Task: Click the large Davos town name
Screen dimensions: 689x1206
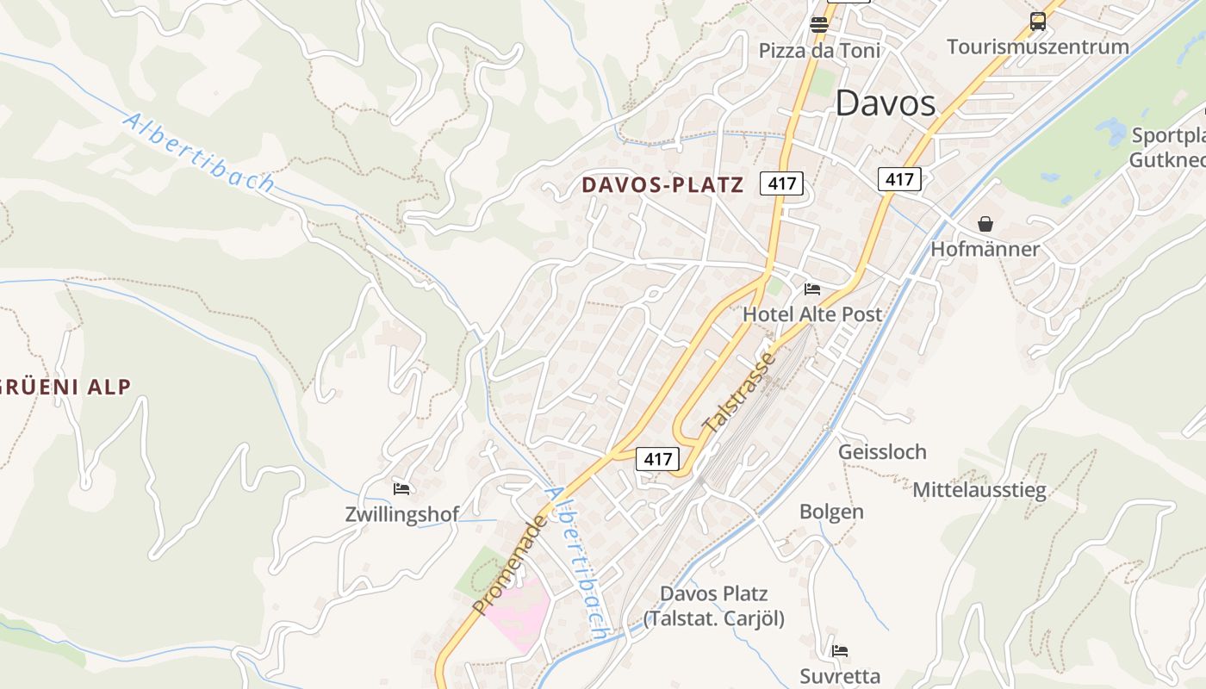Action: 885,103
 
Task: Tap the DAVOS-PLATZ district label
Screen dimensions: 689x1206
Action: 662,184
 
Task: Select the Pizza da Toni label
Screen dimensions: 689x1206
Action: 819,51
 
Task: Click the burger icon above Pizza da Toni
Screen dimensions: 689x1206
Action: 819,24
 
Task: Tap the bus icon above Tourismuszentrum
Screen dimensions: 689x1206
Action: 1038,22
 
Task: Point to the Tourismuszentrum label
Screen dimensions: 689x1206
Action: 1037,47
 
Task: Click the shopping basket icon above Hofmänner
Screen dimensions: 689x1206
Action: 985,224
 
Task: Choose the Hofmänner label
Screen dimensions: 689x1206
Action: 985,249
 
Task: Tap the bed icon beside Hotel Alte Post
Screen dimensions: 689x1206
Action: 812,289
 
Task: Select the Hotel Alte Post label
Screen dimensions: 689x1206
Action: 812,314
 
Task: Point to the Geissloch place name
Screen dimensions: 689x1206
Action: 882,451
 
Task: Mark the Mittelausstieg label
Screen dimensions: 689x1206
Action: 979,490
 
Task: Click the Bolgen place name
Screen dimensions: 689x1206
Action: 831,512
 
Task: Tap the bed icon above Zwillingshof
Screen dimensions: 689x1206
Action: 401,489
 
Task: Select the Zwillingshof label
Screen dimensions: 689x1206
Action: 401,515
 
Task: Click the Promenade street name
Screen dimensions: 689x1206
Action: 509,565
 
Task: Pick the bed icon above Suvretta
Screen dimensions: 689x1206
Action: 840,650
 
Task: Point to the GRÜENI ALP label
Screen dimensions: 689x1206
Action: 65,387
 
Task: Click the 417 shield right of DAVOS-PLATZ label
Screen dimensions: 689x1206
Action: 781,183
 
